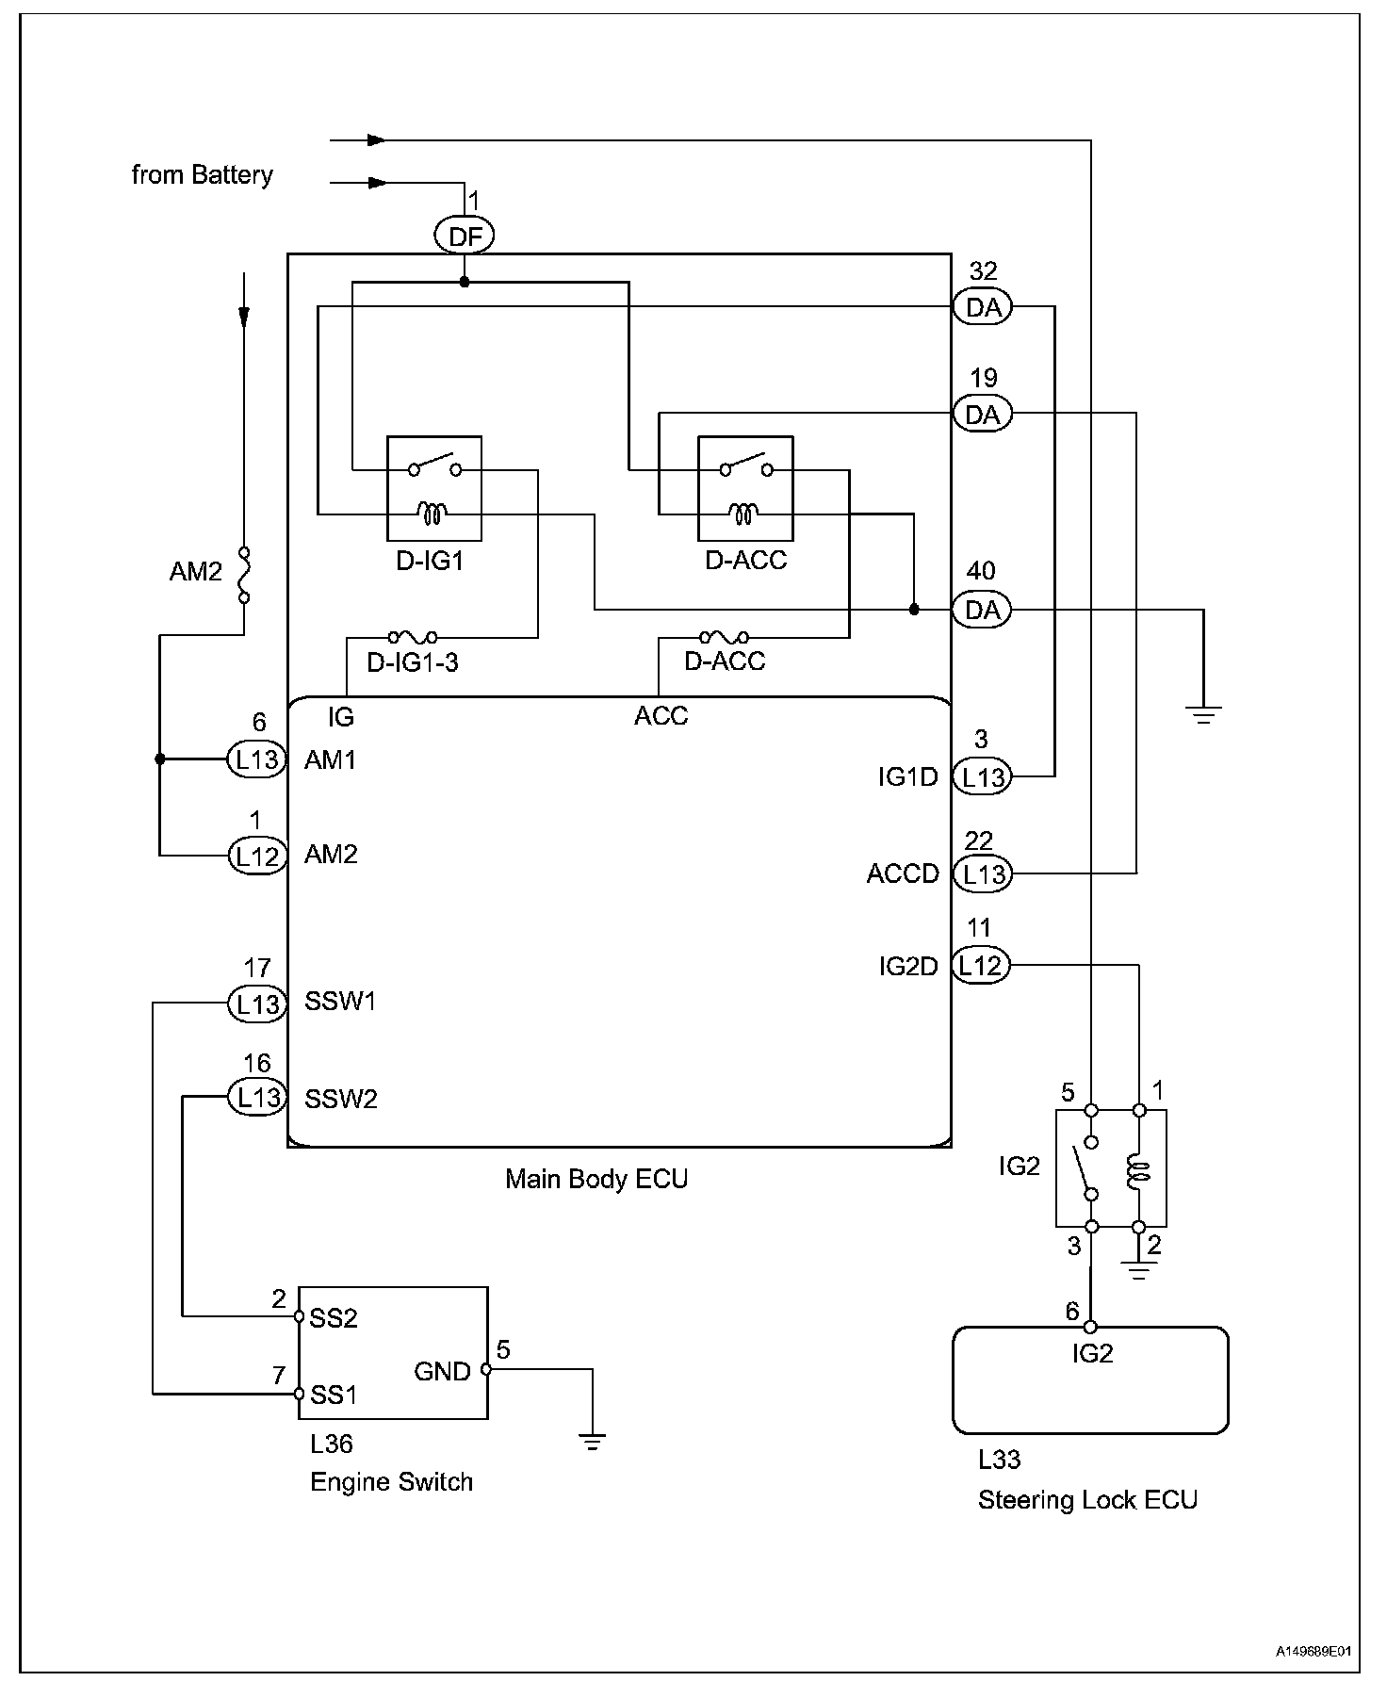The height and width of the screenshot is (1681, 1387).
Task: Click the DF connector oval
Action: [x=465, y=236]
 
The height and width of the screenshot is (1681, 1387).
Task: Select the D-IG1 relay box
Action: [x=434, y=488]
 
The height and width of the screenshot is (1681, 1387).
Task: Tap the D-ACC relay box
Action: [x=744, y=488]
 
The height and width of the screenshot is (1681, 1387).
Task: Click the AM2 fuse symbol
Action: [x=244, y=573]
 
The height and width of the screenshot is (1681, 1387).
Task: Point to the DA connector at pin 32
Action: [x=982, y=307]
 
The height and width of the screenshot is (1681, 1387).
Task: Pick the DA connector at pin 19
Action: [x=982, y=414]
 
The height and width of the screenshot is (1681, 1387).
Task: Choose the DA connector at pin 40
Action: [x=982, y=610]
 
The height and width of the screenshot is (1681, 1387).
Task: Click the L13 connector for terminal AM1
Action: [x=256, y=759]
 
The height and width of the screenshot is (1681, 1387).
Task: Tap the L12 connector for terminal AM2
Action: [x=256, y=856]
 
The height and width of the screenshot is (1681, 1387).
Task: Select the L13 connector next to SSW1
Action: [x=256, y=1004]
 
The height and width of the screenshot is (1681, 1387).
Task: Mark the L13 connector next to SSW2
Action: [x=256, y=1097]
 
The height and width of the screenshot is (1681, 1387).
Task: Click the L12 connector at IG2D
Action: [x=981, y=966]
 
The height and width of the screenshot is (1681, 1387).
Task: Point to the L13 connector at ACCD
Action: [x=982, y=873]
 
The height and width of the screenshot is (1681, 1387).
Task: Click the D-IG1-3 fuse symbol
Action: [x=413, y=638]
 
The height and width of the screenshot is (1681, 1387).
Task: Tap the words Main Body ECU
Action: [x=596, y=1179]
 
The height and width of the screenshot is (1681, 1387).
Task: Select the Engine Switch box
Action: [x=393, y=1352]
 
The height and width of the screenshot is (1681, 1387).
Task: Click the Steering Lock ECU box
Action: [x=1090, y=1381]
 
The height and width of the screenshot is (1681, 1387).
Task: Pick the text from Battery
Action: [x=202, y=175]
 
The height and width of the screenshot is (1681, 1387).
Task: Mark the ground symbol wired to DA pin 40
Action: [x=1203, y=713]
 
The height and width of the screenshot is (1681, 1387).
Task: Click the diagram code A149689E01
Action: [x=1314, y=1652]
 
